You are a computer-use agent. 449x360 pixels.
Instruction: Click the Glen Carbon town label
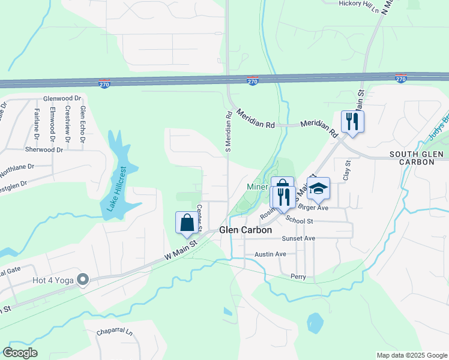[246, 230]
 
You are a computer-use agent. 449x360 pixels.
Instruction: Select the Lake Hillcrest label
[117, 189]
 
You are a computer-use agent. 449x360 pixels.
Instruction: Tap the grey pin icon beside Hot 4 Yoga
[83, 280]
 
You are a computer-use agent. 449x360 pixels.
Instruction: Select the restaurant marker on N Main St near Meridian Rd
[352, 122]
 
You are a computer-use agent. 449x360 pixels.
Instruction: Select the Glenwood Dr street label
[62, 98]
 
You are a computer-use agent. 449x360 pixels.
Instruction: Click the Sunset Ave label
[298, 238]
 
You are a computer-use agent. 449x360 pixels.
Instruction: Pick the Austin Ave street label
[270, 254]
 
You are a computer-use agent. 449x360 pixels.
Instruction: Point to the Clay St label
[346, 170]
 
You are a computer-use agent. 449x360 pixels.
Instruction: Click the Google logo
[20, 353]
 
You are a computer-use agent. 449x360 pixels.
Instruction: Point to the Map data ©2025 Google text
[411, 355]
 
